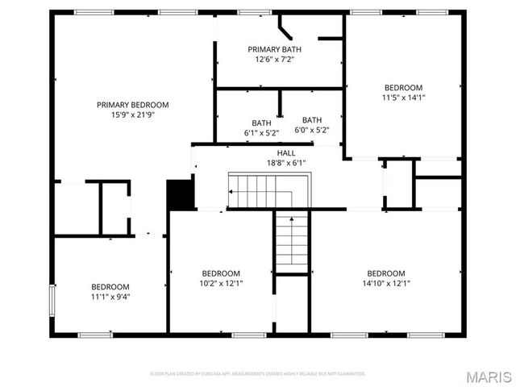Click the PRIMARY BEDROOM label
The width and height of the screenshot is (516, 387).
click(132, 105)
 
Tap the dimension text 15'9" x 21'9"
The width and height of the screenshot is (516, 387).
click(132, 114)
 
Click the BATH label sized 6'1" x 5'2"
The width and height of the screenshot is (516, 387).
click(261, 123)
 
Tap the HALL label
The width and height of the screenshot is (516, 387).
click(286, 152)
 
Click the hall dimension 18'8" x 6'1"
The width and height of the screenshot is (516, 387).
click(286, 162)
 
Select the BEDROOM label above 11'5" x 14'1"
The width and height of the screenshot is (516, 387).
click(403, 88)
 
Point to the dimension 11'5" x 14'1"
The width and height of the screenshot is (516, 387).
click(403, 98)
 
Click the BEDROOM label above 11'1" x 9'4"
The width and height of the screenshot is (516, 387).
click(110, 287)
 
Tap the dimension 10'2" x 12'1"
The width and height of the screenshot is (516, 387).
click(221, 283)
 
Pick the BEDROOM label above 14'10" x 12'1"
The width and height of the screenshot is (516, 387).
click(386, 273)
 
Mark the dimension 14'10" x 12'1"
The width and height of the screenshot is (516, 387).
click(386, 283)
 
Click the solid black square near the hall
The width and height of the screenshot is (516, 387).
click(181, 194)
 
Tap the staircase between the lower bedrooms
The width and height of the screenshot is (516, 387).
click(292, 241)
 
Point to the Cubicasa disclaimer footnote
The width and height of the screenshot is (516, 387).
click(258, 373)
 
